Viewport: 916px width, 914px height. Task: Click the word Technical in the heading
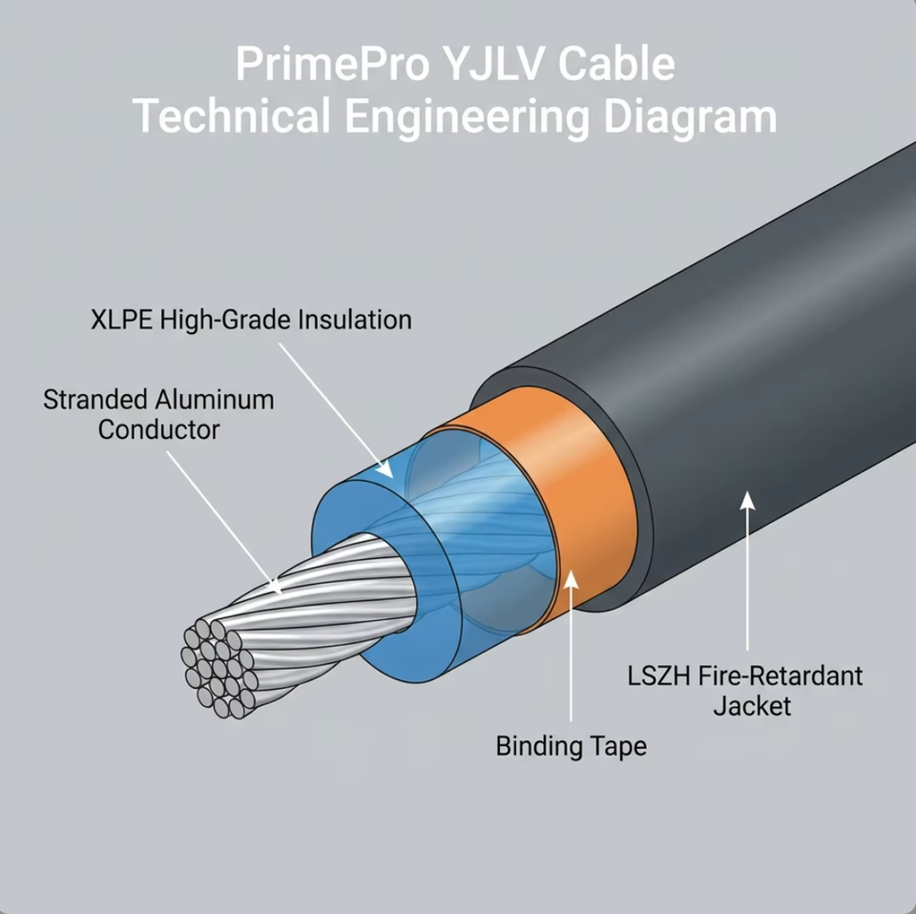coord(232,115)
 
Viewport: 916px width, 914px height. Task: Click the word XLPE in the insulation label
coord(121,320)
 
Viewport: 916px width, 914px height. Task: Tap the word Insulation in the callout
coord(355,320)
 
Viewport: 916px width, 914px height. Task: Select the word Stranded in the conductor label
coord(94,400)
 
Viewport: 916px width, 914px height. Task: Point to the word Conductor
coord(159,430)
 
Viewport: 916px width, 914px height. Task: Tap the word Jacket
coord(753,706)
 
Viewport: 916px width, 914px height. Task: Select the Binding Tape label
coord(572,746)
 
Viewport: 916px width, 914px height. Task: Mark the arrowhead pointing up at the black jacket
coord(748,501)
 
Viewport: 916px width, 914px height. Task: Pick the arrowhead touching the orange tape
coord(572,580)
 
